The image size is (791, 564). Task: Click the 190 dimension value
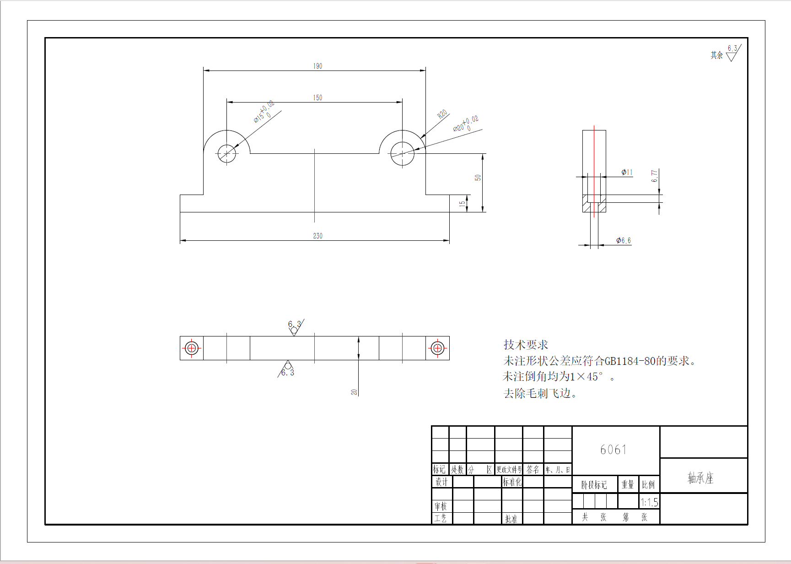click(317, 66)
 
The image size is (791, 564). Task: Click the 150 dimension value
click(317, 98)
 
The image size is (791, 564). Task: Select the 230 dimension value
click(317, 236)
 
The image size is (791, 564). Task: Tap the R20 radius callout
click(442, 114)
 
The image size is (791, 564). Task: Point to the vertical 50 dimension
click(478, 178)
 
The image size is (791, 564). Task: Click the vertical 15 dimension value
click(462, 203)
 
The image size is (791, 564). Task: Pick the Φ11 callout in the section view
click(627, 172)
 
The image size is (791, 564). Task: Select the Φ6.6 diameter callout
click(623, 240)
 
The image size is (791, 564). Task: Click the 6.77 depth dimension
click(655, 176)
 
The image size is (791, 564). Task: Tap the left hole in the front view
click(226, 153)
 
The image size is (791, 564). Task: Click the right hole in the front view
click(402, 153)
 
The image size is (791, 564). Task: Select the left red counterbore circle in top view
click(192, 348)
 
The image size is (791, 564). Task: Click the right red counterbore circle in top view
click(437, 348)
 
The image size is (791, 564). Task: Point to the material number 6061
click(613, 450)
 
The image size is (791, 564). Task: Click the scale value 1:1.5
click(649, 502)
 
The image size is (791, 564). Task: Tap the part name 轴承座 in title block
click(700, 478)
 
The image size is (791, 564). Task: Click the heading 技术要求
click(526, 345)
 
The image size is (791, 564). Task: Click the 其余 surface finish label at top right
click(716, 55)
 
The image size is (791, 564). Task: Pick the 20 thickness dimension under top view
click(354, 392)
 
